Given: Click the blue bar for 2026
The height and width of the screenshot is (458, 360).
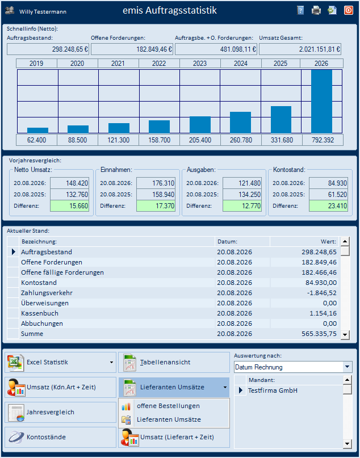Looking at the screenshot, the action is coord(321,102).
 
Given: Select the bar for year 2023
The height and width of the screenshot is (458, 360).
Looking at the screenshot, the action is coord(200,125).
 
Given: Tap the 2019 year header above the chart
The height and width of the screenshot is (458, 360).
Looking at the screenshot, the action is coord(36,64).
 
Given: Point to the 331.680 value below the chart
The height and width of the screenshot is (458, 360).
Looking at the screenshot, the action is coord(282,140).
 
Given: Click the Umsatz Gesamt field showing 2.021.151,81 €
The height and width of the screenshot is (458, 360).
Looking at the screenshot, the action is coord(300,49).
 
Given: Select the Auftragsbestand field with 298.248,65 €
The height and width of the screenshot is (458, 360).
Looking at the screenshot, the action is coord(48,49).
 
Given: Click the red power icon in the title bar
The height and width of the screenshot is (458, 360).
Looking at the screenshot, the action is coord(348,11).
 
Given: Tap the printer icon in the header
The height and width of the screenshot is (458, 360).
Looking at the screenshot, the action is coord(316,11).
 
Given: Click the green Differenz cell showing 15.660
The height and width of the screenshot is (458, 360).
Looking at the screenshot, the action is coord(69,206).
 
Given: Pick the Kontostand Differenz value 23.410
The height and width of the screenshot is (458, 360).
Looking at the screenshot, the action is coord(328,206).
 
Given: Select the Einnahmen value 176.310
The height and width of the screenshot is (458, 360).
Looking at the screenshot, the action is coord(156,183).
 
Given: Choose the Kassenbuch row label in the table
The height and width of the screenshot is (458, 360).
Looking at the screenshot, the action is coord(40,313).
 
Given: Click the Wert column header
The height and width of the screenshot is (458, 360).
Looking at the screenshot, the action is coord(328,242).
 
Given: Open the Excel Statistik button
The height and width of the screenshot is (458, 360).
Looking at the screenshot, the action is coord(61,362).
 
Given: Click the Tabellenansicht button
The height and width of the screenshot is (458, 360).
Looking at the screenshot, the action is coord(174,362).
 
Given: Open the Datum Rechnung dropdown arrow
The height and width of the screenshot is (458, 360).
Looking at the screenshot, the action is coord(347,367).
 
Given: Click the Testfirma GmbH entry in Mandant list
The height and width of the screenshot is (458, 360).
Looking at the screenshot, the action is coord(273,390).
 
